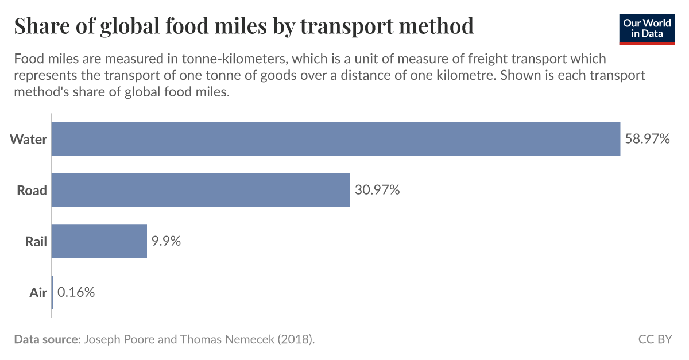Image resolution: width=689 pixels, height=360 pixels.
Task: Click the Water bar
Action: coord(336,139)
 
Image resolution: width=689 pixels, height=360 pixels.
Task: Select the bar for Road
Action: coord(201,190)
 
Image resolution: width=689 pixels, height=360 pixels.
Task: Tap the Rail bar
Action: coord(99,241)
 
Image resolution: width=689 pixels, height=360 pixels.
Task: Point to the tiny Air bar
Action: coord(52,292)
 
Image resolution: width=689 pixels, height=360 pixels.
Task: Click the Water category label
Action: coord(28,139)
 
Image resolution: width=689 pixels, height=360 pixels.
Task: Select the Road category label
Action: coord(32,190)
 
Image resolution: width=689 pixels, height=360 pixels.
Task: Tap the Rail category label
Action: coord(36,241)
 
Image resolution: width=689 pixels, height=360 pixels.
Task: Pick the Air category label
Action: coord(38,292)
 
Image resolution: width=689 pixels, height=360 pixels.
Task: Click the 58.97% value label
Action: coord(647,139)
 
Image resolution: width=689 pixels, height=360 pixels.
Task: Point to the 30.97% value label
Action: coord(377,190)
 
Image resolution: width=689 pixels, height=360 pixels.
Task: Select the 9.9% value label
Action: coord(166,241)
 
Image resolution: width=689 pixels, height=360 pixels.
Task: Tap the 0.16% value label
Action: coord(76,292)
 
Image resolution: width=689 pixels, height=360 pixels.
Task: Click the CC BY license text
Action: coord(655,339)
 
